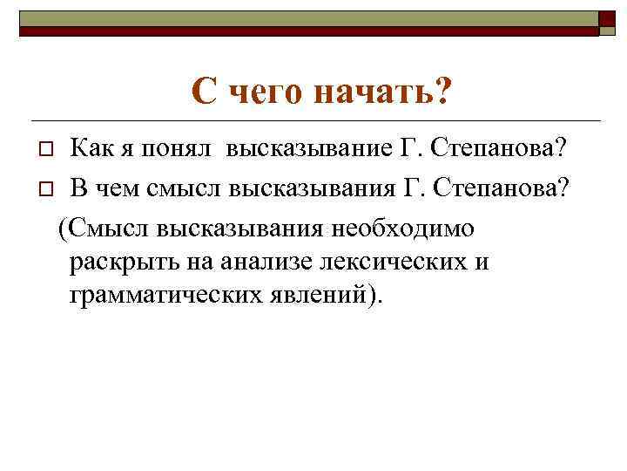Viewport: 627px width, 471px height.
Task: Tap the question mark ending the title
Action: [x=443, y=91]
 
